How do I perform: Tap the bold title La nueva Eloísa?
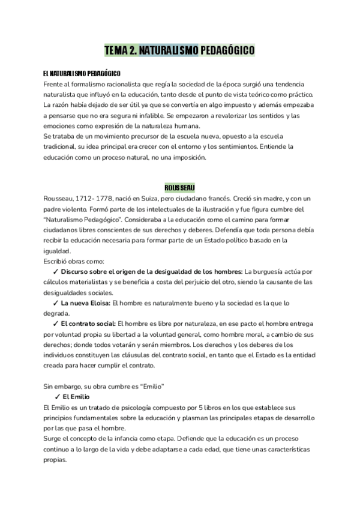point(86,303)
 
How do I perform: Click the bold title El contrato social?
point(89,324)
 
